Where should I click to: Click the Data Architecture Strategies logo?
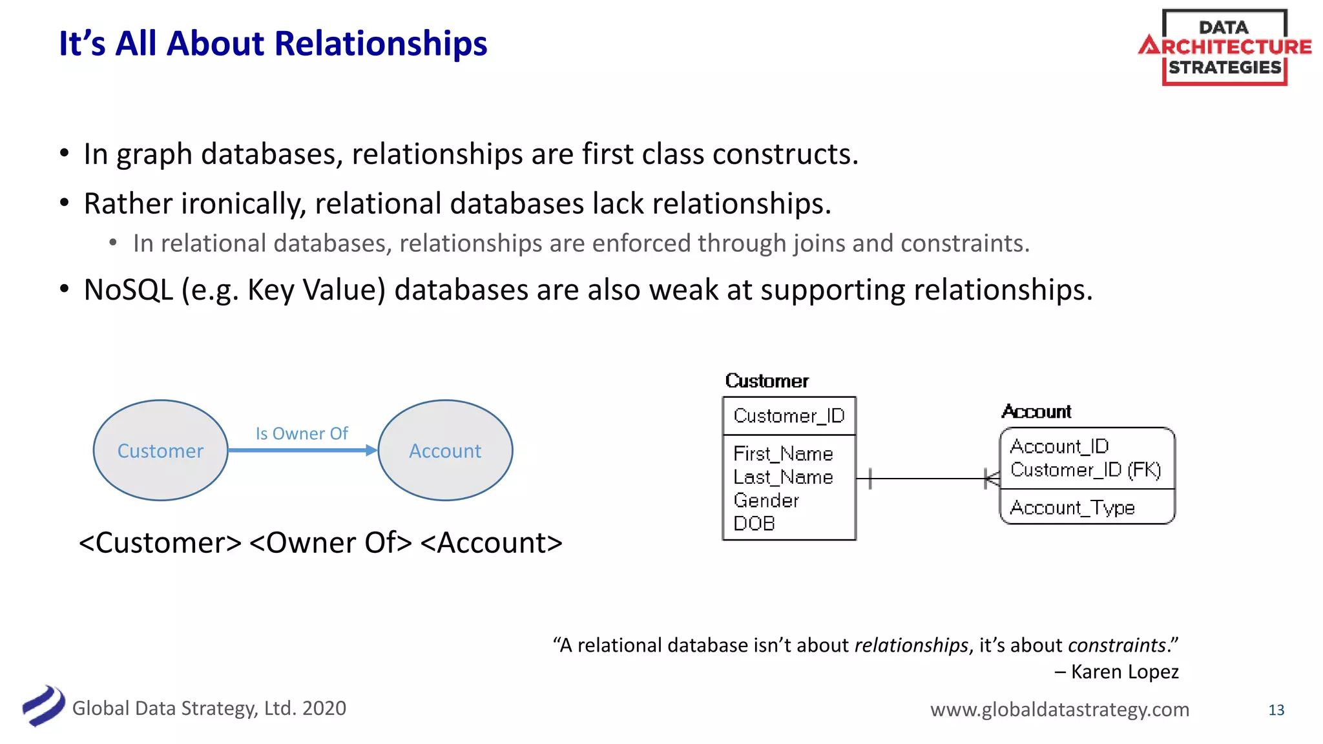click(1224, 47)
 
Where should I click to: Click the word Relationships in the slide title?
click(380, 44)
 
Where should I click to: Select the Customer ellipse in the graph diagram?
click(160, 450)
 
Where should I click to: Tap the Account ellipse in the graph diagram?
click(445, 450)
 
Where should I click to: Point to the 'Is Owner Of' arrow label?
click(302, 433)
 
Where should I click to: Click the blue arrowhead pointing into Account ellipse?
click(371, 450)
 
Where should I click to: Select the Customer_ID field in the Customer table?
click(789, 416)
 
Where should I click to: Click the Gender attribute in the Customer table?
click(766, 501)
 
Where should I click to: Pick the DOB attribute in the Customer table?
click(754, 524)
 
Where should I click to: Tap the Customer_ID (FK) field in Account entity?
click(1085, 470)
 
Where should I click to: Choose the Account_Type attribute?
click(1072, 508)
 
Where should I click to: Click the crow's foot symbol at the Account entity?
click(992, 479)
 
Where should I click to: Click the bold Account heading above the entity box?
click(1036, 411)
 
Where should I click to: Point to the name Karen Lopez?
click(1124, 672)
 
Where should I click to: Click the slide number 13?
click(1276, 710)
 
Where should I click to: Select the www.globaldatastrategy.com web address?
click(1059, 709)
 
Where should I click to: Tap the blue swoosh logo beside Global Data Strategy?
click(43, 706)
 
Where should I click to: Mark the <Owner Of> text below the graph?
click(330, 542)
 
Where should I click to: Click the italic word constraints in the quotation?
click(1116, 645)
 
